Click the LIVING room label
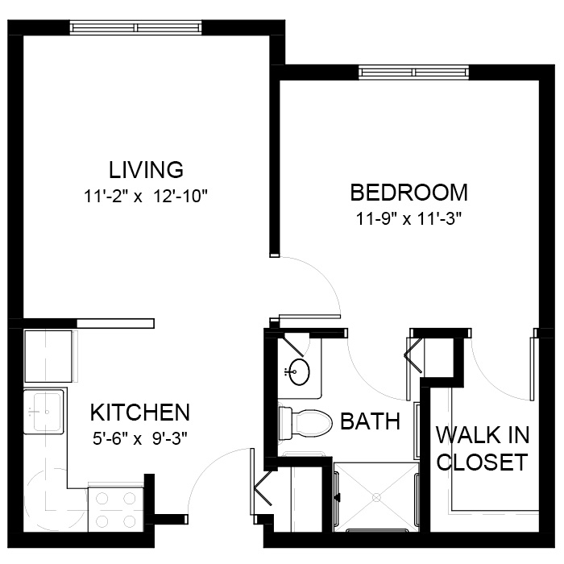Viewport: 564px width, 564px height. pos(146,170)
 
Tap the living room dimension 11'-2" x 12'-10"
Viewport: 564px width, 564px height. pos(146,197)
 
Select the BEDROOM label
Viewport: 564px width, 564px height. pos(409,193)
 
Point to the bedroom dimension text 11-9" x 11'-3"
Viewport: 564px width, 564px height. pos(408,218)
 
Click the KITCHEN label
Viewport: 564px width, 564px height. pos(140,413)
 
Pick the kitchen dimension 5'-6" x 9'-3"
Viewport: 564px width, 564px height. pos(140,439)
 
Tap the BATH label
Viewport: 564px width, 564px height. pos(370,421)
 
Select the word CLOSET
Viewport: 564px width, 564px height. pos(482,462)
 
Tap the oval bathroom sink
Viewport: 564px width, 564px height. pos(299,372)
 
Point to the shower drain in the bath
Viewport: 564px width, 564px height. pos(376,497)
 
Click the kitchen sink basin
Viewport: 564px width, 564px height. pos(47,412)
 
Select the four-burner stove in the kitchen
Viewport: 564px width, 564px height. pos(116,509)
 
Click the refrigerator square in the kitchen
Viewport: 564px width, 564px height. pos(48,356)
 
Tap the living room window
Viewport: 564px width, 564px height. pos(135,27)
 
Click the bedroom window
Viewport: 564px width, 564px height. pos(414,73)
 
